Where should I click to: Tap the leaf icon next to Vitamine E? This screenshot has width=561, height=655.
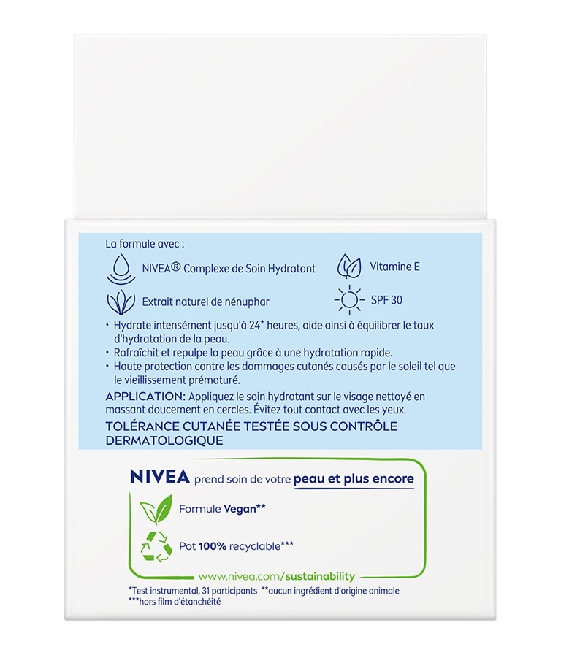[x=348, y=267]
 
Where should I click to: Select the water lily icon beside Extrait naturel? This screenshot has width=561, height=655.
[x=121, y=302]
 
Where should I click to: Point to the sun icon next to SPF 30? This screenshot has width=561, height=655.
[x=348, y=300]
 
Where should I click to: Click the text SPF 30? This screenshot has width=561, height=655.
[x=386, y=300]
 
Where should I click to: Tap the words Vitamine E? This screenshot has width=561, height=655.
[x=395, y=267]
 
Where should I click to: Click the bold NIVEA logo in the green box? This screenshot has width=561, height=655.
[x=159, y=478]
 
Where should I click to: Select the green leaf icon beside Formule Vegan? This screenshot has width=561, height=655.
[x=156, y=509]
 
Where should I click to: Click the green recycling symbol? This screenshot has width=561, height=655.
[x=156, y=546]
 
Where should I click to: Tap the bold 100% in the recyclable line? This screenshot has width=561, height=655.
[x=213, y=546]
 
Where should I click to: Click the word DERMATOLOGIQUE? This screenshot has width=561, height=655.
[x=164, y=440]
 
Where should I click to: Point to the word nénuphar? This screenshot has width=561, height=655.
[x=247, y=302]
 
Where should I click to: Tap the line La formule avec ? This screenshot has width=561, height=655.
[x=145, y=243]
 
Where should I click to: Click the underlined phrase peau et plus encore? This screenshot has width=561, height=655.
[x=354, y=479]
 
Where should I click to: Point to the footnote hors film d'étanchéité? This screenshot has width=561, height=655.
[x=178, y=602]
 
